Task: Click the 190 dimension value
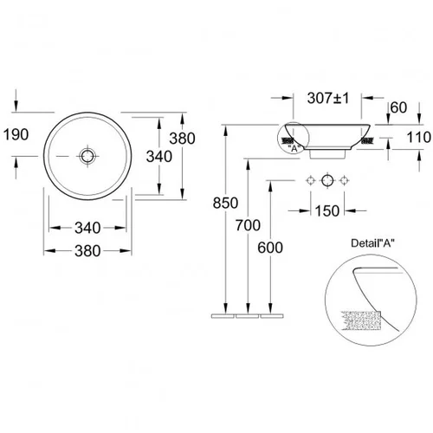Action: tap(16, 134)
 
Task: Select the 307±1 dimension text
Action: tap(328, 98)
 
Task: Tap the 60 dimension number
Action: tap(398, 107)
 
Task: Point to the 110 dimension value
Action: tap(418, 137)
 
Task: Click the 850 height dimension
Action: tap(225, 203)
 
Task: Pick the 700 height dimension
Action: tap(248, 225)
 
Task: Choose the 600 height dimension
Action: tap(270, 248)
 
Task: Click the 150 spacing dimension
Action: tap(327, 210)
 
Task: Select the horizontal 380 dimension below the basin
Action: tap(87, 250)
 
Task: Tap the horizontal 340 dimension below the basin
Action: tap(87, 228)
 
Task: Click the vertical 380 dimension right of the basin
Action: tap(182, 139)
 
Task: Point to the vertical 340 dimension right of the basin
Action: tap(159, 157)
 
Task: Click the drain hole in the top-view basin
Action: tap(87, 156)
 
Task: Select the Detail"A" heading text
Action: tap(372, 243)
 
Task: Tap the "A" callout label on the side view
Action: tap(294, 149)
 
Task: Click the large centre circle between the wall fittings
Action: tap(327, 181)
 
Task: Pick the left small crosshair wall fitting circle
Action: tap(310, 181)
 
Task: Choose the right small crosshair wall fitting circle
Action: tap(344, 181)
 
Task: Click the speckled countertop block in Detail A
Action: tap(361, 320)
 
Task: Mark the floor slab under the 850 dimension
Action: tap(223, 316)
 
